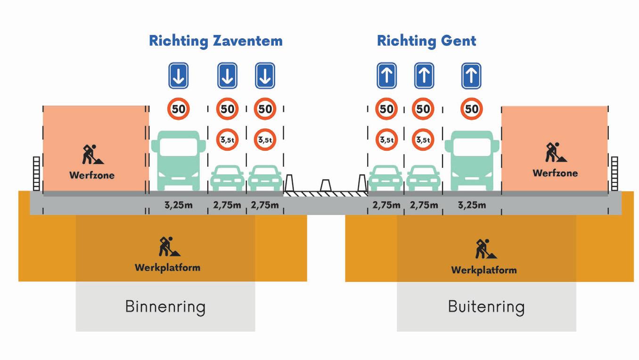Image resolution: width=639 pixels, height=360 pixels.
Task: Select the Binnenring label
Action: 165,307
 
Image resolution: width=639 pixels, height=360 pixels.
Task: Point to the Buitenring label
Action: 486,307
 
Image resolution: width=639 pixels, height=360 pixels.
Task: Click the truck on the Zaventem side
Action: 178,160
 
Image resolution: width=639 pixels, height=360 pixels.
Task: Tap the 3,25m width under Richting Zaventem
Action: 178,205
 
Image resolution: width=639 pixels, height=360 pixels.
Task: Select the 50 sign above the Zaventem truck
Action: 178,109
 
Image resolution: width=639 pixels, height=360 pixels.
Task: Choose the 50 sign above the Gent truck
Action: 472,109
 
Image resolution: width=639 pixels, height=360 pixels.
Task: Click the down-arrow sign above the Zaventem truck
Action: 179,76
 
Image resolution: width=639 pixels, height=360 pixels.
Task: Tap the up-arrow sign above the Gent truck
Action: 471,76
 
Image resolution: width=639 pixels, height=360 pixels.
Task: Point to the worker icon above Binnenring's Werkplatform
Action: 166,246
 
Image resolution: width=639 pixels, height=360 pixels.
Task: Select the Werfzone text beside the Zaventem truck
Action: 92,175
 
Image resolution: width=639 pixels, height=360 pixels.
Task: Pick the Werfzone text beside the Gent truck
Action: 555,173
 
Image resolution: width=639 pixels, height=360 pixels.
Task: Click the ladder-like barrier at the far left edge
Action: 36,174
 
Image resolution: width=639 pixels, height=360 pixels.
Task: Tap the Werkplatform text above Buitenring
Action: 484,270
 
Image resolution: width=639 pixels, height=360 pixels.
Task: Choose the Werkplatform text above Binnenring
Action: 167,268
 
